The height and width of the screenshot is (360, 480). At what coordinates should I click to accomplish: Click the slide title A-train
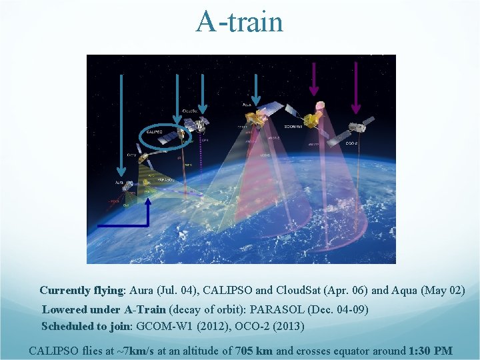tap(239, 22)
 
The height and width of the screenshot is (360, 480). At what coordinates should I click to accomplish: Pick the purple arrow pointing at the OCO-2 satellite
tap(355, 87)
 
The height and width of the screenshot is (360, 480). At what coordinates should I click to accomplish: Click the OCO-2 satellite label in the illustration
tap(353, 143)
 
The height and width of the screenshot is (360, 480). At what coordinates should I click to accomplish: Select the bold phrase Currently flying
tap(82, 291)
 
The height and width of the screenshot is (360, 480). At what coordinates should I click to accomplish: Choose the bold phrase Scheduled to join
tap(87, 327)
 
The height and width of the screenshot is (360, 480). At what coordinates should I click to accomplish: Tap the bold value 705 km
tap(254, 351)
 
